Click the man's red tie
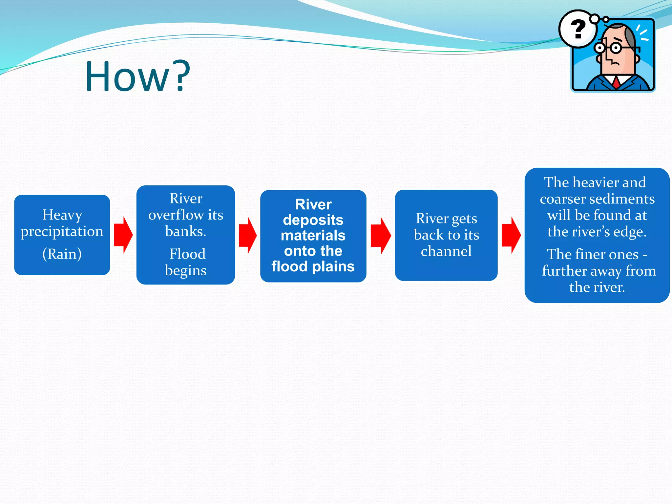[616, 82]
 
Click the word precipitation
[62, 232]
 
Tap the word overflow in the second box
[176, 215]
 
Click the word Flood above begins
[187, 254]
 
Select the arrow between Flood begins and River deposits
[247, 235]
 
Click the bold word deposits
[313, 220]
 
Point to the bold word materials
[313, 236]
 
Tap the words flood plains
[313, 266]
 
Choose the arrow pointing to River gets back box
[380, 235]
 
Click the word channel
[446, 251]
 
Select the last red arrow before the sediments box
[511, 235]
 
